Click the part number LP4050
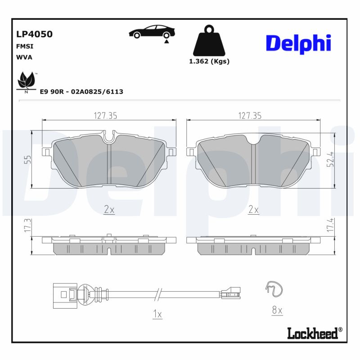coord(34,34)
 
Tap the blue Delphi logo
coord(298,43)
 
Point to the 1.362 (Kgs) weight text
coord(209,62)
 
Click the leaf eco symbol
coord(26,81)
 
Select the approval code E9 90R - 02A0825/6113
coord(81,91)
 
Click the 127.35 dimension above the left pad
coord(105,116)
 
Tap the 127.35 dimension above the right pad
coord(250,116)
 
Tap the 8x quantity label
coord(277,310)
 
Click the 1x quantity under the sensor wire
coord(157,315)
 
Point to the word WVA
coord(24,57)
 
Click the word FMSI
coord(25,46)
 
